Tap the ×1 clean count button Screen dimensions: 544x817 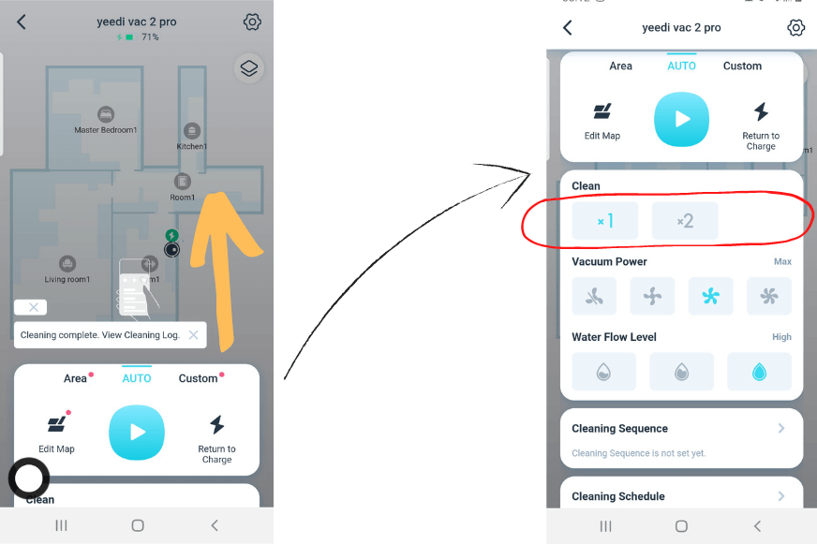pyautogui.click(x=605, y=221)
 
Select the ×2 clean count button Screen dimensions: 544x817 pyautogui.click(x=685, y=221)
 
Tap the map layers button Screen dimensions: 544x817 pyautogui.click(x=248, y=68)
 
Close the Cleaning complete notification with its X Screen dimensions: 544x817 pyautogui.click(x=193, y=334)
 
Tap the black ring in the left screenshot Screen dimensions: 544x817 pyautogui.click(x=29, y=478)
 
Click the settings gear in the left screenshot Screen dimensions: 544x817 pyautogui.click(x=252, y=22)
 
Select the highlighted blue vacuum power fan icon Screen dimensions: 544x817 pyautogui.click(x=711, y=297)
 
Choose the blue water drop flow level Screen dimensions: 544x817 pyautogui.click(x=759, y=372)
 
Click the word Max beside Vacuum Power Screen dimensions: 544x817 pyautogui.click(x=782, y=262)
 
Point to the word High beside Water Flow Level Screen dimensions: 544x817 pyautogui.click(x=781, y=337)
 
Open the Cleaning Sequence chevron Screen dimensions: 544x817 pyautogui.click(x=781, y=429)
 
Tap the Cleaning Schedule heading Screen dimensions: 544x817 pyautogui.click(x=618, y=496)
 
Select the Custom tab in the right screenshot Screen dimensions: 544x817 pyautogui.click(x=742, y=66)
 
